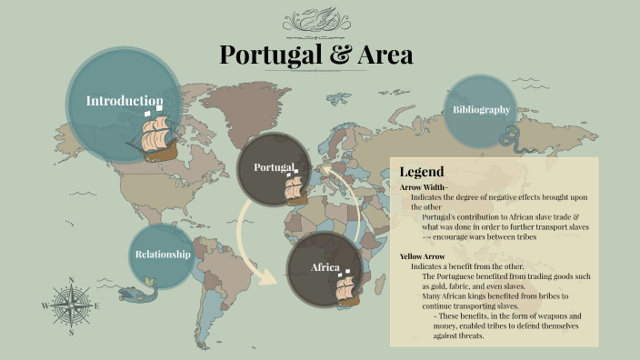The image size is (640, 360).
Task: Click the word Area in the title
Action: tap(385, 55)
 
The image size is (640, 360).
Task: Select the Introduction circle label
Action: tap(125, 101)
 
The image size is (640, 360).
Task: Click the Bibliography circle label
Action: tap(482, 110)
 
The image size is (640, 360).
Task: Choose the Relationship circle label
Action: tap(163, 255)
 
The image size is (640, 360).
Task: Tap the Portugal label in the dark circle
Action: tap(274, 167)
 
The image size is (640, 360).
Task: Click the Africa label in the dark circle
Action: tap(325, 268)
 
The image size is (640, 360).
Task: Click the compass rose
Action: tap(71, 306)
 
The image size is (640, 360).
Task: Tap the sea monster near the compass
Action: tap(136, 295)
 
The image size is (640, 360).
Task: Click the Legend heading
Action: tap(422, 172)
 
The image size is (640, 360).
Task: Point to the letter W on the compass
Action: tap(45, 306)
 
